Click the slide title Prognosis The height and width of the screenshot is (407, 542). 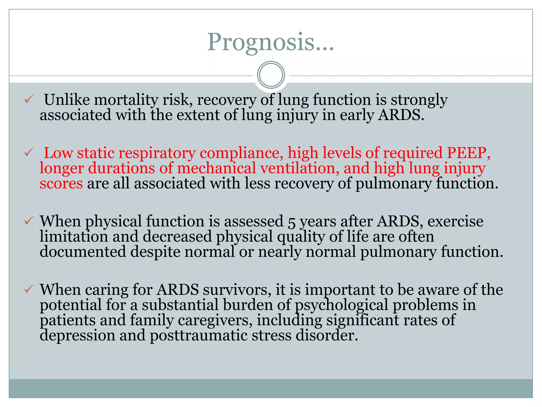coord(270,42)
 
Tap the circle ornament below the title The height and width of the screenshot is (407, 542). coord(271,75)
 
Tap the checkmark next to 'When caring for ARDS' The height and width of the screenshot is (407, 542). coord(28,289)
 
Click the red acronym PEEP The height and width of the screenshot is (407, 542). coord(468,153)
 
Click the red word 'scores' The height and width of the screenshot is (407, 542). coord(61,184)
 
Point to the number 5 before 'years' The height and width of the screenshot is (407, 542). coord(291,222)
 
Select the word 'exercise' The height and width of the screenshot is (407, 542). coord(455,221)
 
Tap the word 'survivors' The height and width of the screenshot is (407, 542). coord(237,290)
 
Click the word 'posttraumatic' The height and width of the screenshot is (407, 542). coord(198,336)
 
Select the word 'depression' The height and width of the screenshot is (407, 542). coord(77,336)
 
